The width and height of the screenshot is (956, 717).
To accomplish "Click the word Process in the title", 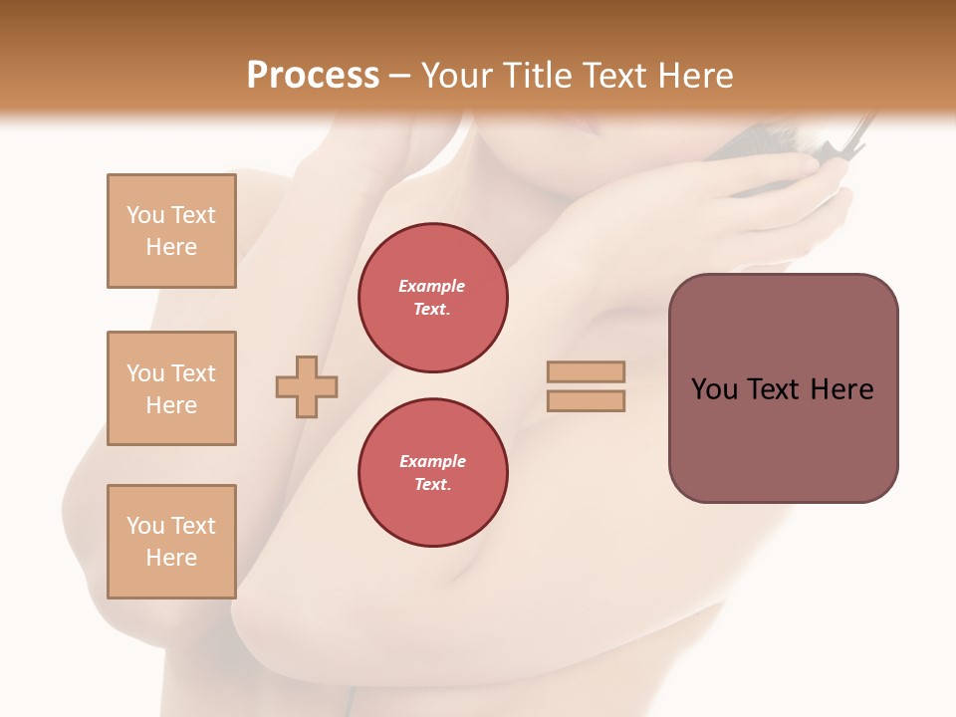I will point(313,76).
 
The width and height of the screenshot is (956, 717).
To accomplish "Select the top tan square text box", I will point(171,231).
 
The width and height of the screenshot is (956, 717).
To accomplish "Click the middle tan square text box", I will point(171,388).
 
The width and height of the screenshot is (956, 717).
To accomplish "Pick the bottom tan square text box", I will point(171,542).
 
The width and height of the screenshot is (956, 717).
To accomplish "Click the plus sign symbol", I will point(307,386).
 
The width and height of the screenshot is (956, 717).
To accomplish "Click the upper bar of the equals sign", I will point(586,371).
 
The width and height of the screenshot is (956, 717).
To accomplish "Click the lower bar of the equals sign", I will point(586,401).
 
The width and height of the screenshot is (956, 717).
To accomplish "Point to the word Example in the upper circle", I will point(432,286).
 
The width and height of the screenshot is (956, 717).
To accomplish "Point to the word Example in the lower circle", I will point(432,461).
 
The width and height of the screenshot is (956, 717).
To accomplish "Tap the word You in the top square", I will point(144,215).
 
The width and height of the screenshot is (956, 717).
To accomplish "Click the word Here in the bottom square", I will point(171,558).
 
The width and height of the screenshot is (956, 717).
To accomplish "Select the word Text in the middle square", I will point(193,373).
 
